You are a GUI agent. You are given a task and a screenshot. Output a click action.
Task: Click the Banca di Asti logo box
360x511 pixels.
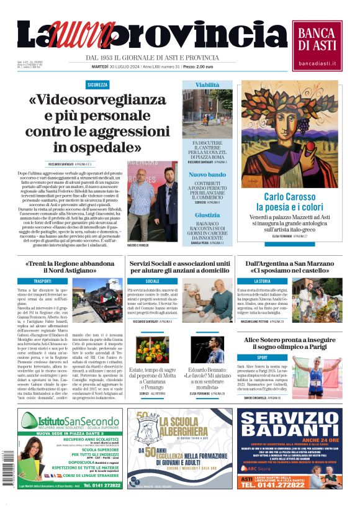click(x=317, y=45)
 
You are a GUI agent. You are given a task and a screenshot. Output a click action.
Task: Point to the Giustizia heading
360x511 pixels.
click(x=207, y=215)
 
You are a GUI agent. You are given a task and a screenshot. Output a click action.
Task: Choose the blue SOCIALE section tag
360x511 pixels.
click(x=152, y=281)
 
